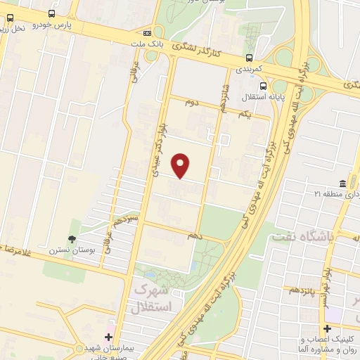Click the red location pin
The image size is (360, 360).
tap(182, 166)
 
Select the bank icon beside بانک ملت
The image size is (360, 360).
tap(147, 32)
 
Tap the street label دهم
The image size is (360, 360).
tap(195, 236)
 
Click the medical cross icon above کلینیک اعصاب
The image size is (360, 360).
tap(327, 328)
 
